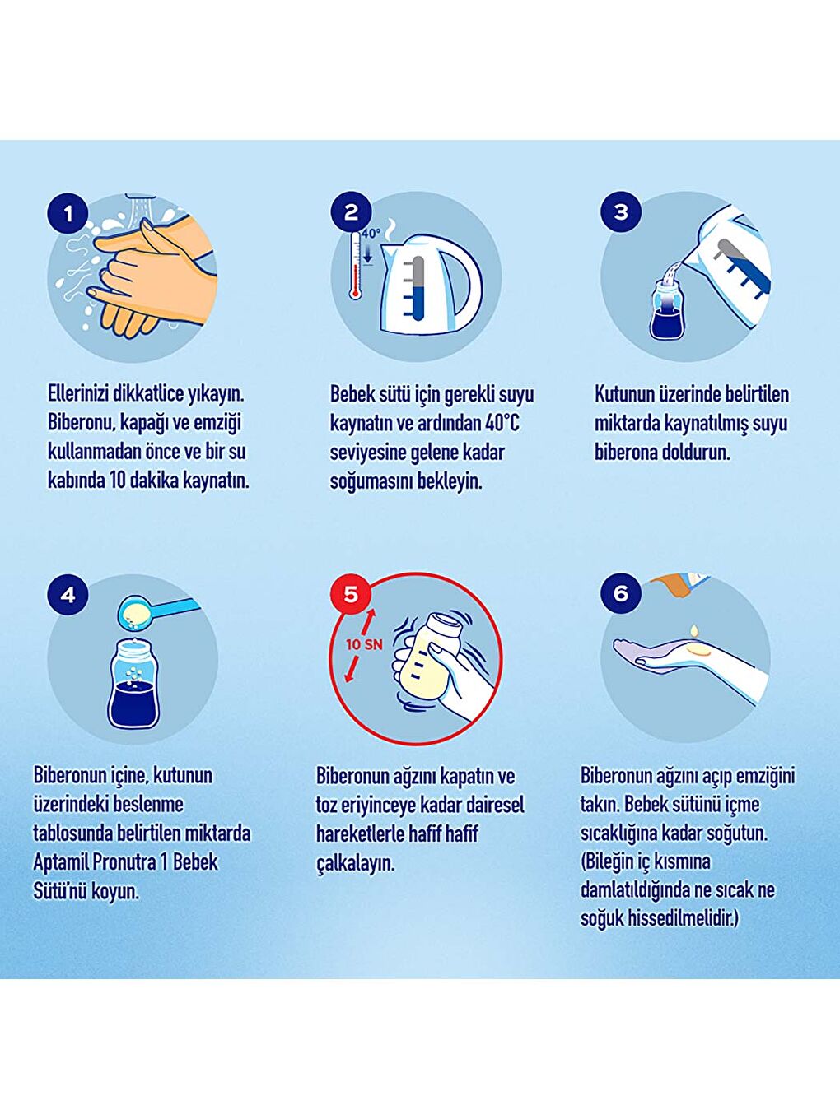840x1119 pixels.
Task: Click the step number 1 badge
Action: tap(68, 214)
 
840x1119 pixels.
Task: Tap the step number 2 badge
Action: tap(351, 212)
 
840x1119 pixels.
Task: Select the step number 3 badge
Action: tap(621, 212)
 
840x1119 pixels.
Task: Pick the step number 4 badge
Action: tap(68, 594)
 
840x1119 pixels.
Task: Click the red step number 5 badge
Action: tap(351, 593)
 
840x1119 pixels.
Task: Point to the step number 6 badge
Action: tap(621, 593)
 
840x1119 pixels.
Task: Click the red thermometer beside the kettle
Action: tap(354, 265)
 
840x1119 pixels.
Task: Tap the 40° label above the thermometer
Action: tap(371, 234)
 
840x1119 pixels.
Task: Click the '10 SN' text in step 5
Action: tap(364, 644)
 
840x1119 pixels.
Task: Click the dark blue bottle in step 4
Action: tap(133, 684)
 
